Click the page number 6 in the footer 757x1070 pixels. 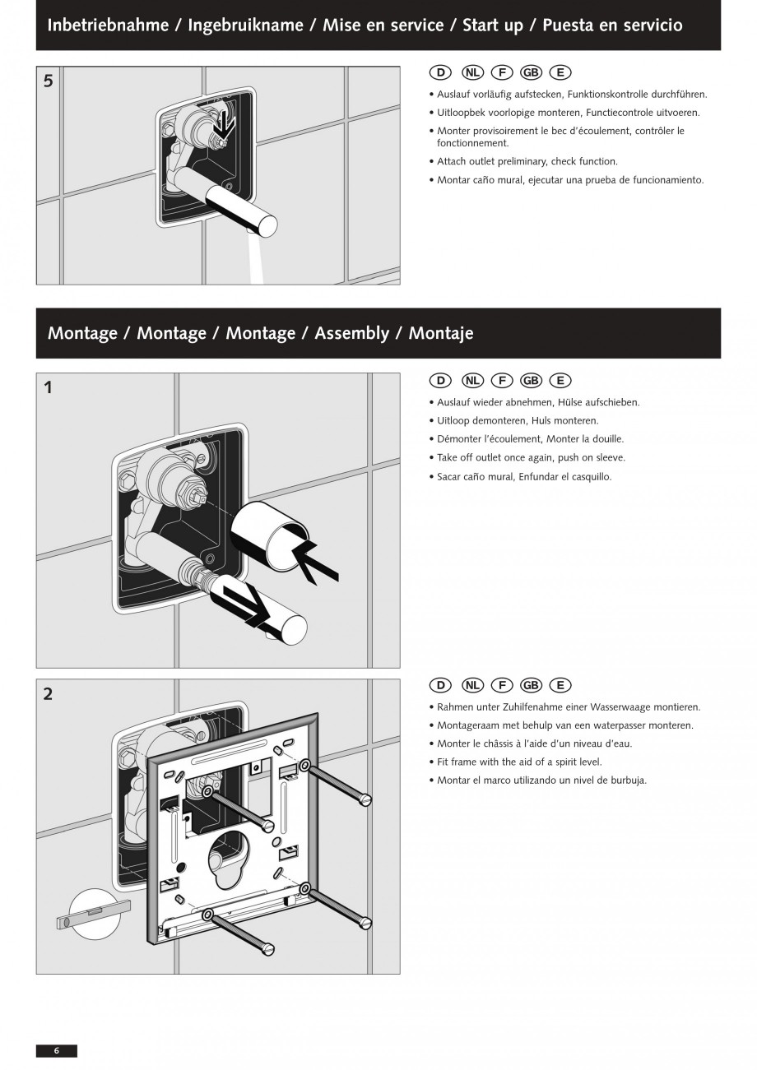pos(57,1050)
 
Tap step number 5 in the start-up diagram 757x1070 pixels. pos(49,81)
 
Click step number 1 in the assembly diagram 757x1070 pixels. pos(48,387)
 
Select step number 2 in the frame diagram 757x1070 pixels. pos(48,693)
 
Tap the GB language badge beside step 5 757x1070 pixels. pos(531,72)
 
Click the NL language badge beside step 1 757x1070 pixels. pos(472,380)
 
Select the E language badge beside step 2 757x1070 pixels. pos(560,685)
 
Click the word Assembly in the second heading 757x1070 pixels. pos(351,333)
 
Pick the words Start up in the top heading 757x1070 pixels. pos(492,25)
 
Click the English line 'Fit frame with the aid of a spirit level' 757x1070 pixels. pos(519,762)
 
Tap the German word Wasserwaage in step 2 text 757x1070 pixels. pos(620,706)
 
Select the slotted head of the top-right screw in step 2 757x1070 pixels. pos(365,799)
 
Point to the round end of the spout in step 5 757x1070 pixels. pos(267,225)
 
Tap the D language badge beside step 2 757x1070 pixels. pos(441,685)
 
